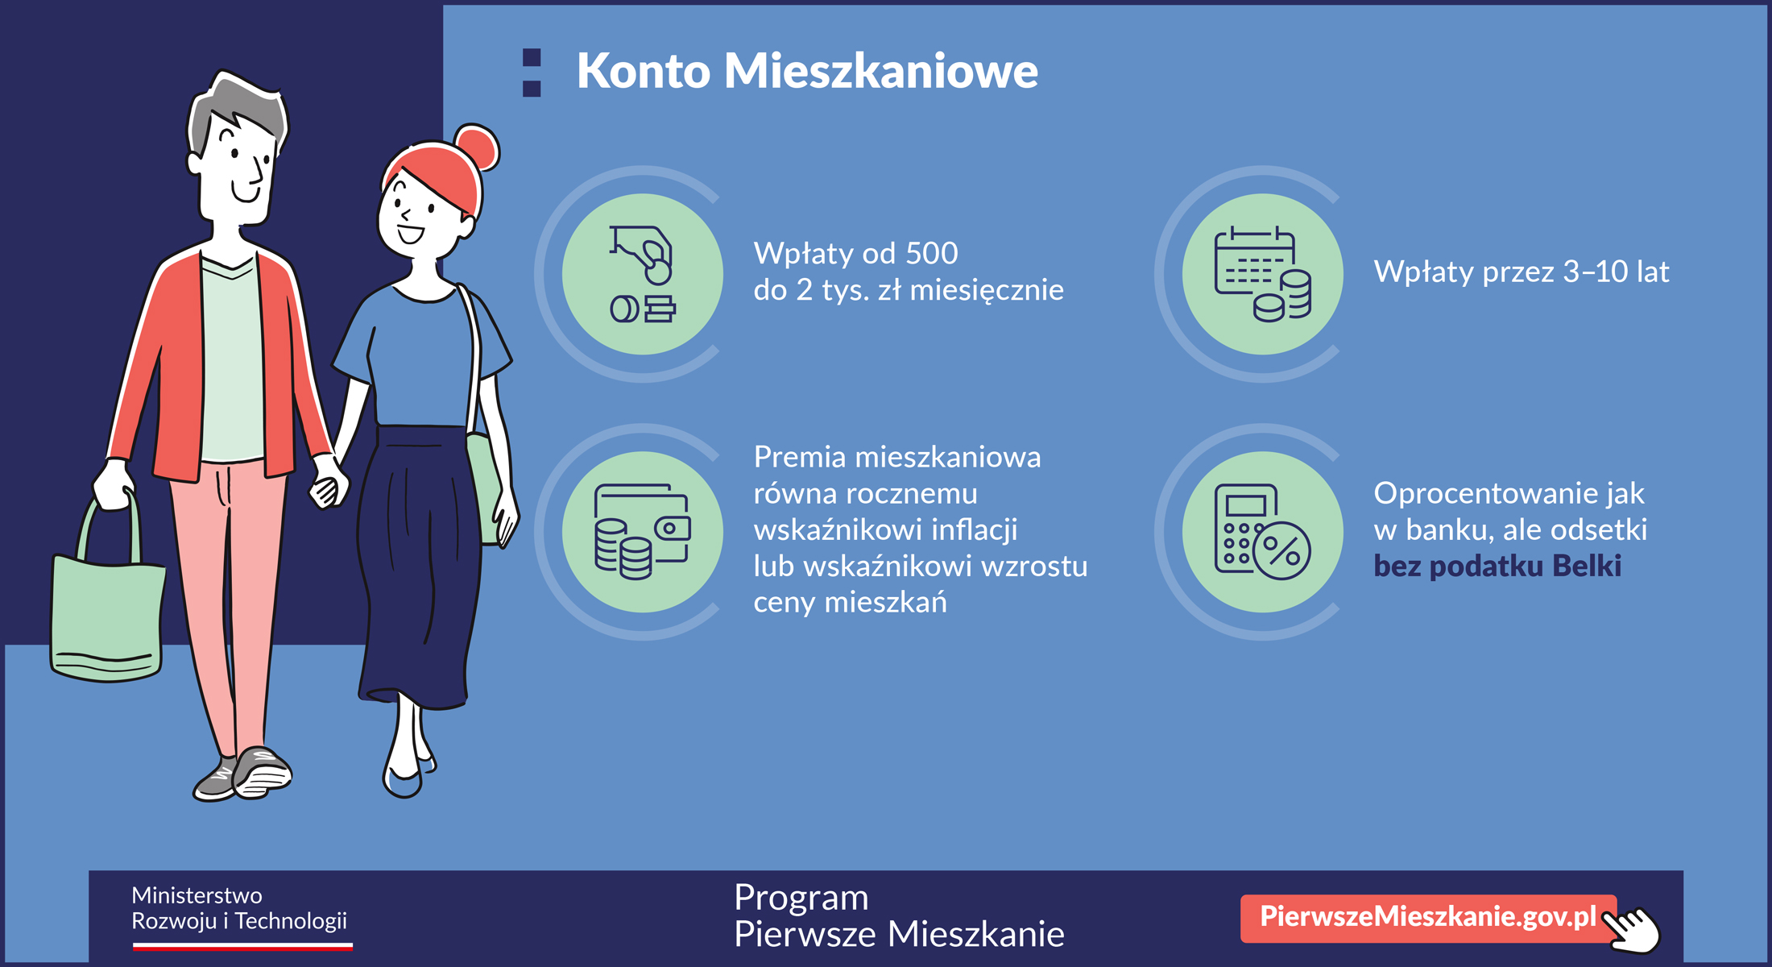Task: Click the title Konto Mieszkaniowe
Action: click(807, 71)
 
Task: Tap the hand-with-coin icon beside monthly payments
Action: click(642, 274)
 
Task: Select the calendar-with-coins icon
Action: click(1262, 274)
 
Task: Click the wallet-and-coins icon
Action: click(642, 532)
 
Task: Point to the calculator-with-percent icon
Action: click(1262, 532)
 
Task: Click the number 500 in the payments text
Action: click(932, 254)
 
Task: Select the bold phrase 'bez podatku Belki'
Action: click(1497, 566)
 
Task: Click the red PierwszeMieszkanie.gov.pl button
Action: click(1428, 917)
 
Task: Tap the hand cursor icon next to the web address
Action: click(1631, 930)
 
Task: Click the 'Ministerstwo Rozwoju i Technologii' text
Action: click(239, 908)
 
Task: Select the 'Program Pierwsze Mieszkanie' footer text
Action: click(899, 916)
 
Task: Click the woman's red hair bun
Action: click(477, 147)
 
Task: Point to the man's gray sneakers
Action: click(242, 775)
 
